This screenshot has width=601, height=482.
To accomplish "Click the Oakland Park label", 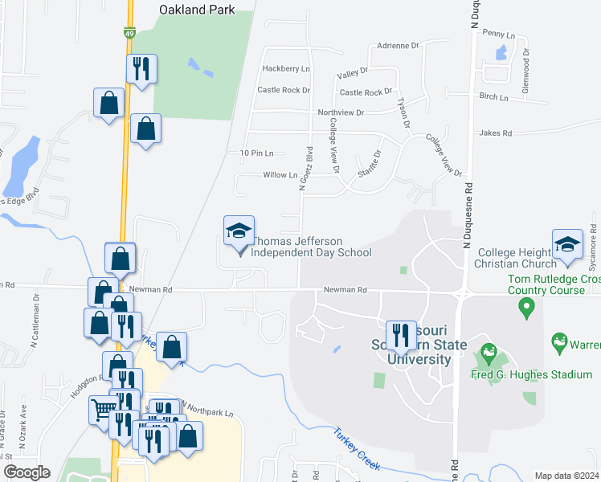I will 197,10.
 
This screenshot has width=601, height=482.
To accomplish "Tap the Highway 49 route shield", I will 129,33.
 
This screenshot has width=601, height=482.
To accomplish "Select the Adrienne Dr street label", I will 399,46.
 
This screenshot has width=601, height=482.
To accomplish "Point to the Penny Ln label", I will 498,34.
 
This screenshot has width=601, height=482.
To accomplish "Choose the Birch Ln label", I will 494,97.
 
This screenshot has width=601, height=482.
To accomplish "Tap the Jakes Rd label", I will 496,133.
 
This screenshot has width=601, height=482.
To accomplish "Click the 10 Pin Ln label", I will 257,153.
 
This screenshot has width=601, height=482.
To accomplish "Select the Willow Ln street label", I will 280,174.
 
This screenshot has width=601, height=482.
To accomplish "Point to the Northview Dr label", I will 341,112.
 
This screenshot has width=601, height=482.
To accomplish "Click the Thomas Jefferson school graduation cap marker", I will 239,232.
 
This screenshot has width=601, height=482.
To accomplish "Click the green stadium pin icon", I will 487,353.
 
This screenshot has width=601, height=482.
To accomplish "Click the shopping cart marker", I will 103,410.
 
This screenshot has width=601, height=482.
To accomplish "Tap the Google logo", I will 26,472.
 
